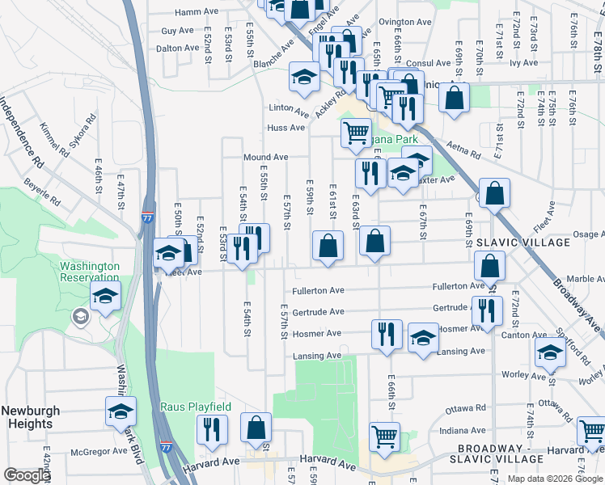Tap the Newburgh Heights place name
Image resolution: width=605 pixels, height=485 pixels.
pyautogui.click(x=27, y=417)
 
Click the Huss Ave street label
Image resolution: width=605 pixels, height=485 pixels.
pyautogui.click(x=286, y=128)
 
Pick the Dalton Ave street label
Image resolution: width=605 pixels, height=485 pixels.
pyautogui.click(x=177, y=48)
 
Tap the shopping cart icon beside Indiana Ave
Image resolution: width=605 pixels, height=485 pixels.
pyautogui.click(x=384, y=436)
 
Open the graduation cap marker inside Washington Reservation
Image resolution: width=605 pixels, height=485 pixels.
pyautogui.click(x=105, y=297)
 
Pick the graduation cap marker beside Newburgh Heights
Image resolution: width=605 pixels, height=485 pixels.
pyautogui.click(x=121, y=411)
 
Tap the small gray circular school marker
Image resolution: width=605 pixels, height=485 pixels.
pyautogui.click(x=80, y=316)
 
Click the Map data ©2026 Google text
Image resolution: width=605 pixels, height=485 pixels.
pyautogui.click(x=553, y=479)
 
